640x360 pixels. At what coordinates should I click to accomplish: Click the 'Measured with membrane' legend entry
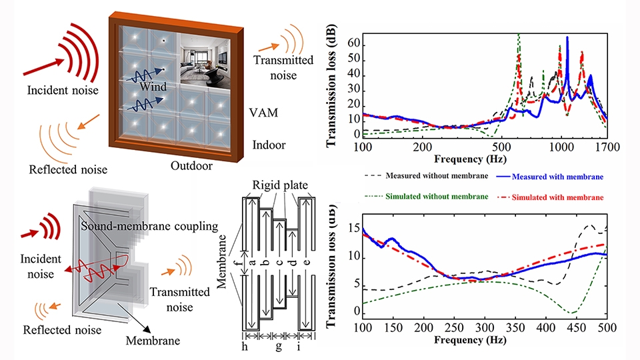coord(550,177)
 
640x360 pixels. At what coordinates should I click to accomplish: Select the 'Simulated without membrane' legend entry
coord(426,196)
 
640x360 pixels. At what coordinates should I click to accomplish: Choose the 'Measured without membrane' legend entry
coord(426,176)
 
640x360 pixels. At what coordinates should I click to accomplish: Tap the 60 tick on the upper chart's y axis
coord(354,43)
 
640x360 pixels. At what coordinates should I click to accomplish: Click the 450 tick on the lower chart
coord(576,327)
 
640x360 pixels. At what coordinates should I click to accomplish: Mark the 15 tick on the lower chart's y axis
coord(354,229)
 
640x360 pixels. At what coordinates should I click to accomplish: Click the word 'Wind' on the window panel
coord(153,87)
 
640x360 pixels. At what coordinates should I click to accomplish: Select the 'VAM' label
coord(264,113)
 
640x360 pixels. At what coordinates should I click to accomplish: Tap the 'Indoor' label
coord(269,145)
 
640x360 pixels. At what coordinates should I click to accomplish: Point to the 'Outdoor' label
coord(191,166)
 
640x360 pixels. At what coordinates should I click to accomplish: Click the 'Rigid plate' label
coord(280,185)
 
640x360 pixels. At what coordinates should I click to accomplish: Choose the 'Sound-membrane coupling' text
coord(149,226)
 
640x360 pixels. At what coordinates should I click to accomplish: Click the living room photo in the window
coord(205,61)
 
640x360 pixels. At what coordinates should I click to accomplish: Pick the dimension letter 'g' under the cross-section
coord(279,347)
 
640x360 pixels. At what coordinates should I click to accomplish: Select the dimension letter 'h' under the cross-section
coord(245,346)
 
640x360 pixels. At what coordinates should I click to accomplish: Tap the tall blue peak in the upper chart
coord(567,38)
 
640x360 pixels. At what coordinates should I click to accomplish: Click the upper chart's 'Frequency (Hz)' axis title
coord(470,159)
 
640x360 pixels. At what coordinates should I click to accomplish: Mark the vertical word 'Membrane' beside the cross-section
coord(222,261)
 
